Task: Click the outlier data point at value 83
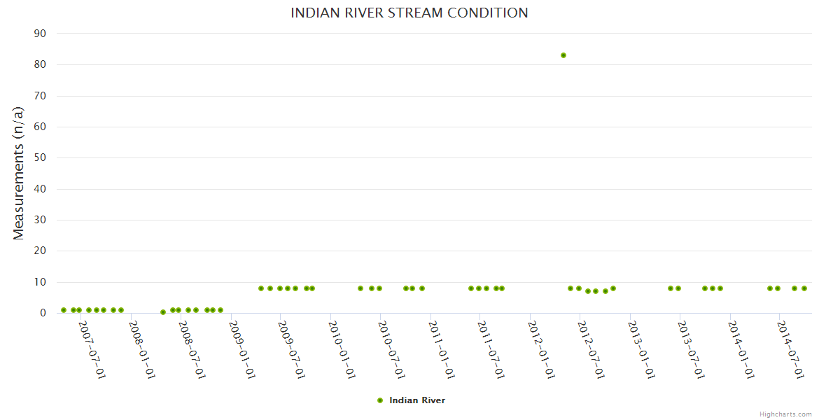pyautogui.click(x=563, y=55)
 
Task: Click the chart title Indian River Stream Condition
pyautogui.click(x=409, y=13)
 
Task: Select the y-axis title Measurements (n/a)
pyautogui.click(x=19, y=173)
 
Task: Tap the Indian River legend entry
pyautogui.click(x=416, y=400)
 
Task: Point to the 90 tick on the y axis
pyautogui.click(x=40, y=34)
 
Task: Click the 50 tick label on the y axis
pyautogui.click(x=40, y=158)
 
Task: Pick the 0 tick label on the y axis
pyautogui.click(x=43, y=313)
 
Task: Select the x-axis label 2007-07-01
pyautogui.click(x=92, y=350)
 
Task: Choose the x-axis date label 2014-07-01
pyautogui.click(x=790, y=350)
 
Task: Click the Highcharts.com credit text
pyautogui.click(x=785, y=414)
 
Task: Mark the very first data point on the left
pyautogui.click(x=64, y=310)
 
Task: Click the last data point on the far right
pyautogui.click(x=804, y=288)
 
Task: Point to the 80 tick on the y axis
pyautogui.click(x=40, y=64)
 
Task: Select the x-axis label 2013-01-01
pyautogui.click(x=641, y=350)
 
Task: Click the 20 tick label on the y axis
pyautogui.click(x=40, y=251)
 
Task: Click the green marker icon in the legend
pyautogui.click(x=380, y=400)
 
